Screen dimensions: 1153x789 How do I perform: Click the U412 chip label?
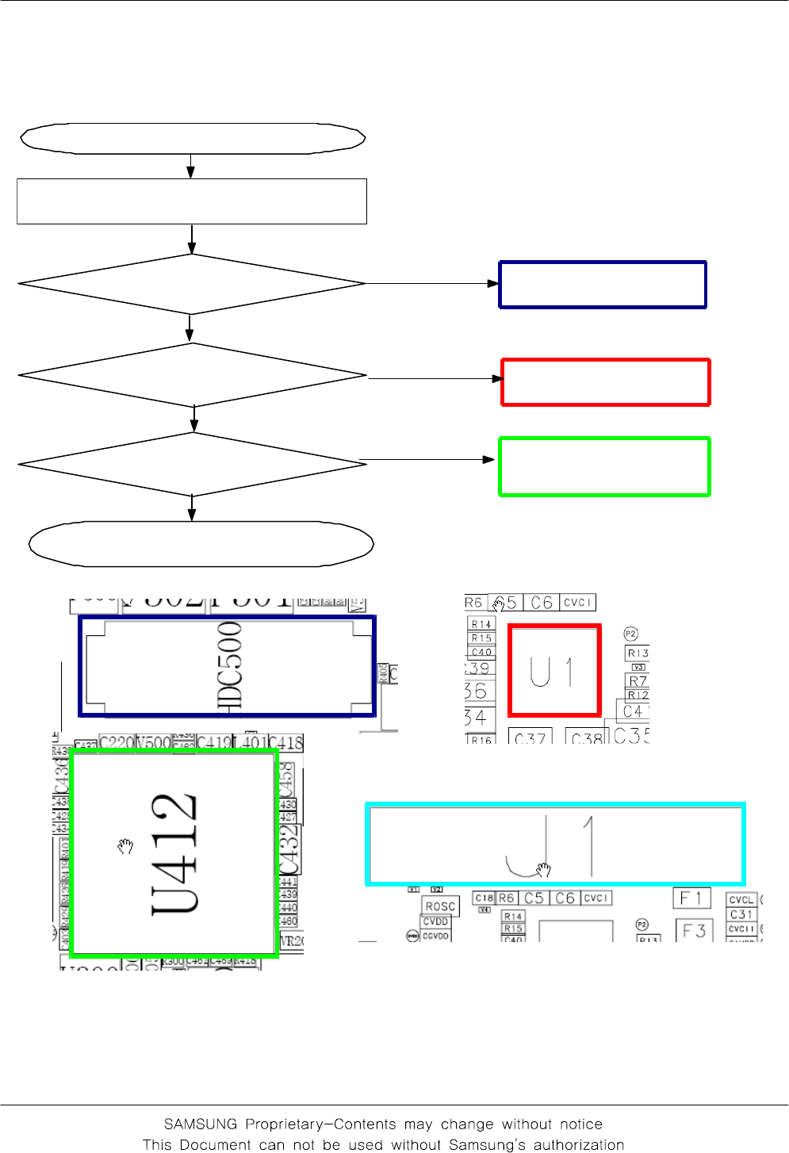[174, 854]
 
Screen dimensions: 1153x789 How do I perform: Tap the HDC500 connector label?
[229, 665]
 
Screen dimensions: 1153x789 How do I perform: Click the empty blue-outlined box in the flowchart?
[603, 285]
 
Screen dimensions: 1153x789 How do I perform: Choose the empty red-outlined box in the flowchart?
[606, 382]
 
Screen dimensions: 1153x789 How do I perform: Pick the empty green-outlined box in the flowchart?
[604, 467]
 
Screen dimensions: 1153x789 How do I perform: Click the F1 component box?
[691, 898]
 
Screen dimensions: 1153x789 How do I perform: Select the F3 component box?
[695, 930]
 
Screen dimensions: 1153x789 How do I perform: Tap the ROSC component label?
[440, 906]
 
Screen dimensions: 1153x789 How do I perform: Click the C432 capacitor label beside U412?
[289, 848]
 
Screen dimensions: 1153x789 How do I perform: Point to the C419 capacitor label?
[213, 743]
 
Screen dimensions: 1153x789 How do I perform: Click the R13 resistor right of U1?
[638, 653]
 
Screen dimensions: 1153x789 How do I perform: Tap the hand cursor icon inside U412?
[124, 846]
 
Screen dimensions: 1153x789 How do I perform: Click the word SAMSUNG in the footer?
[201, 1124]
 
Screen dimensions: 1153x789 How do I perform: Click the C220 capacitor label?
[117, 743]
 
